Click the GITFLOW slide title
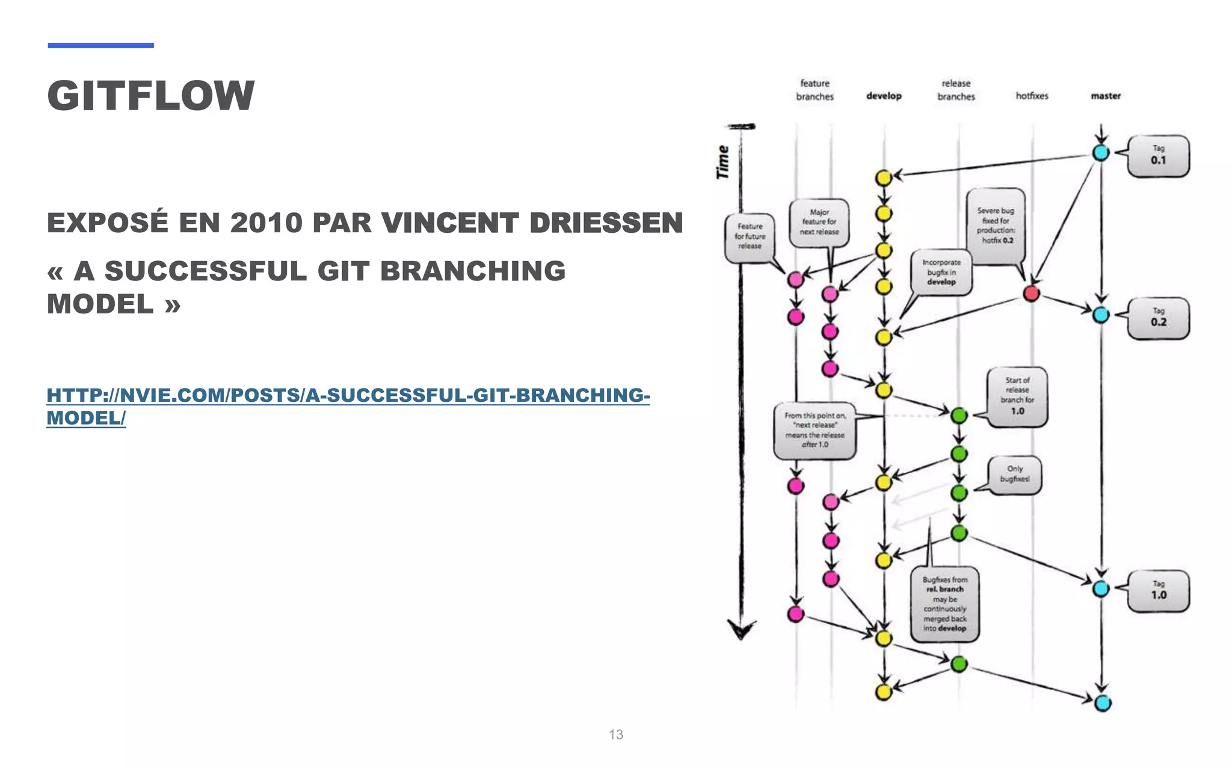150,96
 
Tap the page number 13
615,735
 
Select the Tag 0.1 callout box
1158,156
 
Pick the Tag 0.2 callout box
1158,318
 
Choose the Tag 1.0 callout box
1158,591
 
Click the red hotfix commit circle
1031,294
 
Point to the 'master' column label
1106,96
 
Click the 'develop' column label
884,96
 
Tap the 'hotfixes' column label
1032,96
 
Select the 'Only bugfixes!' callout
1015,474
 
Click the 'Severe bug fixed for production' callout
996,226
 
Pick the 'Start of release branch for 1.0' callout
1017,396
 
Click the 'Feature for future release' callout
750,237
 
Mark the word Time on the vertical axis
722,162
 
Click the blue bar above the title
100,45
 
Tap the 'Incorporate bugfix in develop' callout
941,273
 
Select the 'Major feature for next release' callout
819,222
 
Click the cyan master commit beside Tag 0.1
1101,153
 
